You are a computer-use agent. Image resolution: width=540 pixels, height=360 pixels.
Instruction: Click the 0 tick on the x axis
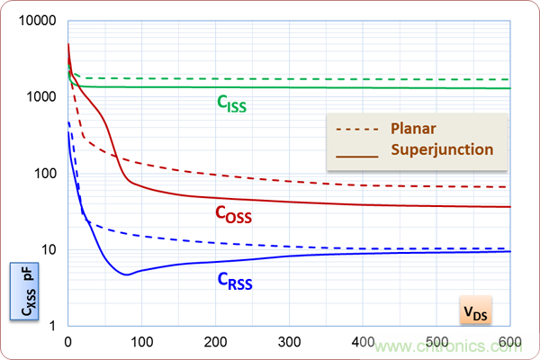click(x=67, y=342)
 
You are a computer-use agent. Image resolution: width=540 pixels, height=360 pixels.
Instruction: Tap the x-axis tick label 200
click(x=215, y=342)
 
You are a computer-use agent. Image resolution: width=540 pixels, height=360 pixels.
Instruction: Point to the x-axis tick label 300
click(x=289, y=342)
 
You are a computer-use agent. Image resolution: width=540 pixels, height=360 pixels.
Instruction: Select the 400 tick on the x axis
click(x=363, y=342)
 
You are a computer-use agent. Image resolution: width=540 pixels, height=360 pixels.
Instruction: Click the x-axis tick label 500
click(x=436, y=342)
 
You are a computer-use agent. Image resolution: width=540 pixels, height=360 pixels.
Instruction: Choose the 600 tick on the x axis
click(x=508, y=342)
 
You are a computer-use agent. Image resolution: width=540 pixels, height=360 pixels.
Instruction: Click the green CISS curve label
click(x=231, y=104)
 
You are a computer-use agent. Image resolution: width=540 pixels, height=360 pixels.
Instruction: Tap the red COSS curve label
click(x=232, y=215)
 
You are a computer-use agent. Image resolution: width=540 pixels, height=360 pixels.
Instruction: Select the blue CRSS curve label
click(x=234, y=281)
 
